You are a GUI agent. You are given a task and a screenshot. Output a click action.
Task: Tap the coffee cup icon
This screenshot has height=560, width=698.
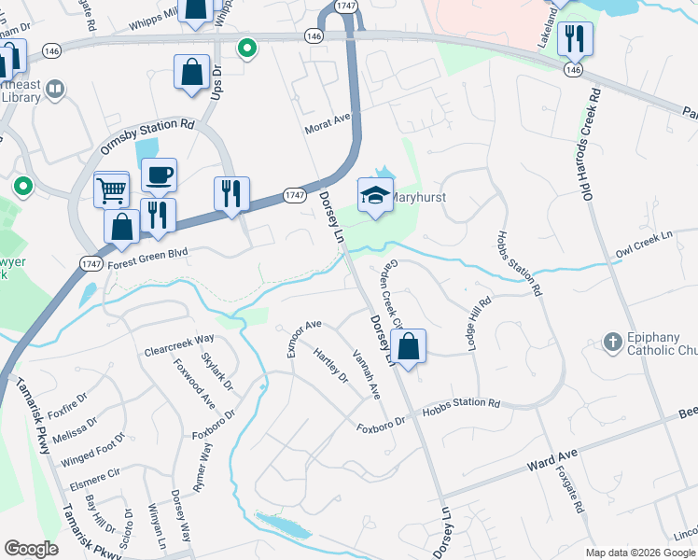point(159,175)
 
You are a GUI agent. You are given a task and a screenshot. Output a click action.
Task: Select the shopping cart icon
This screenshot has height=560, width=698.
point(111,189)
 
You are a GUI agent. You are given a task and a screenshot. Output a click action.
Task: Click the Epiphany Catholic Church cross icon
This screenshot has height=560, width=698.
point(613,341)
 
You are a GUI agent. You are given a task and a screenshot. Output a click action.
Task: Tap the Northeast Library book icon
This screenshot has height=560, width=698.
point(55,90)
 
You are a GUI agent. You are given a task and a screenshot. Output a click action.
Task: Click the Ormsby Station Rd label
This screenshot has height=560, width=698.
point(147,137)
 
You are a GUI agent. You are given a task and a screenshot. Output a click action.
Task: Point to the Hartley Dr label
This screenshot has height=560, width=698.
point(331,365)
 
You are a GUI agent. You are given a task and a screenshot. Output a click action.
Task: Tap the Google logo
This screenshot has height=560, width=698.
point(31,549)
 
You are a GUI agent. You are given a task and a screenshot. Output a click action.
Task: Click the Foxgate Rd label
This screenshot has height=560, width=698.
point(570,489)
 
